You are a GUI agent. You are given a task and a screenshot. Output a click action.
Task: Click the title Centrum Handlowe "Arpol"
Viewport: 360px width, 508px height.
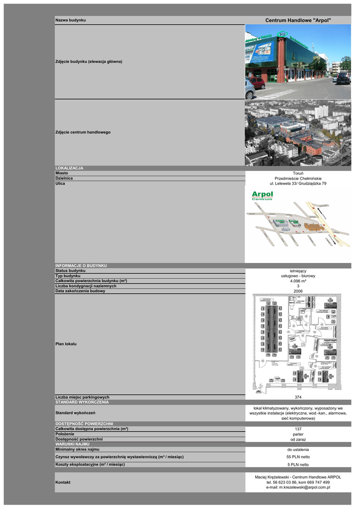298,19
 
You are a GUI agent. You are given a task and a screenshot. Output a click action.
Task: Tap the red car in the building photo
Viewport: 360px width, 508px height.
257,82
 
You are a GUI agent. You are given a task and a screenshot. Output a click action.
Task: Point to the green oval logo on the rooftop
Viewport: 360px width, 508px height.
283,34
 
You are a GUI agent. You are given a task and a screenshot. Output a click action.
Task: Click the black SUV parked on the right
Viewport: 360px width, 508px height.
342,77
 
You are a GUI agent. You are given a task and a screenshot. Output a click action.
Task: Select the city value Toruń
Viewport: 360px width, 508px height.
298,173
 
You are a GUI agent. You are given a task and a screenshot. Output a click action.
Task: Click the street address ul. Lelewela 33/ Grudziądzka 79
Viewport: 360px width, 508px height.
298,184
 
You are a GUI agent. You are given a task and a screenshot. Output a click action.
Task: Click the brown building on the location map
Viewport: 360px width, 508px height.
312,227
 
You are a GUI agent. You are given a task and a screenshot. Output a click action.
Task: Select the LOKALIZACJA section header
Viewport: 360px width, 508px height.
70,168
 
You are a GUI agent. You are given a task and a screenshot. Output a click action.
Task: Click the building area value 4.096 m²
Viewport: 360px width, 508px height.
298,281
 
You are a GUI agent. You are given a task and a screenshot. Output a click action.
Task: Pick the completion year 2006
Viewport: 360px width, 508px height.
298,291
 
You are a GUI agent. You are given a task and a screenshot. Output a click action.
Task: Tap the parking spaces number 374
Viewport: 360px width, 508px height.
298,397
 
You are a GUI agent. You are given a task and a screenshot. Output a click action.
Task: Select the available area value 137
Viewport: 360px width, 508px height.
298,429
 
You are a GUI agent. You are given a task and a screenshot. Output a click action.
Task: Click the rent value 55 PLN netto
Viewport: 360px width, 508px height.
298,456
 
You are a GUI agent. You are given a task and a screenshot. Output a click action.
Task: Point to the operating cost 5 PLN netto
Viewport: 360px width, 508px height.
298,465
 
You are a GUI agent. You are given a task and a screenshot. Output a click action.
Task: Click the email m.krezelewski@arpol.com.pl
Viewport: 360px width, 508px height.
298,488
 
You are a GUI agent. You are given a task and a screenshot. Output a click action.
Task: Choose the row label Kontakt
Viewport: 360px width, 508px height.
63,482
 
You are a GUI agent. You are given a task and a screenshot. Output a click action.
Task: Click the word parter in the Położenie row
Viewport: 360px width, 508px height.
298,434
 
